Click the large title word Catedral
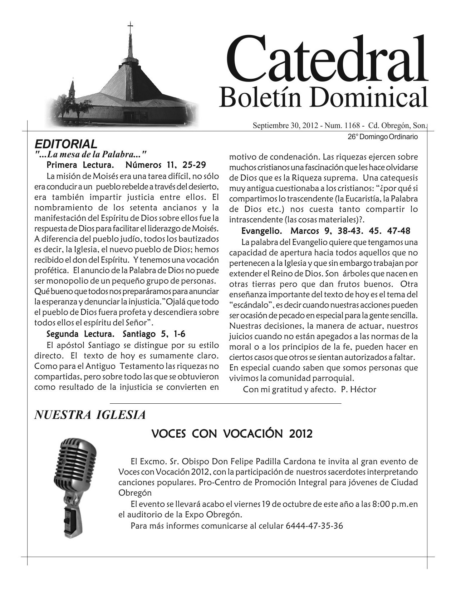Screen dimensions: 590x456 [326, 59]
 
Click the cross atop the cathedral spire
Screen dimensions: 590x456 [130, 26]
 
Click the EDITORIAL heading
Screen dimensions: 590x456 [65, 144]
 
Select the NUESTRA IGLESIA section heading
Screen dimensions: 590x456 [90, 415]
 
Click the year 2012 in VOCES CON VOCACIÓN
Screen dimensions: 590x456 [299, 434]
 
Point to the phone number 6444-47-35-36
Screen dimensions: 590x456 [314, 526]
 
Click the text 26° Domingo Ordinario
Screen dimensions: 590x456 [382, 137]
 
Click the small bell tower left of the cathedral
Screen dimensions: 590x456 [72, 89]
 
